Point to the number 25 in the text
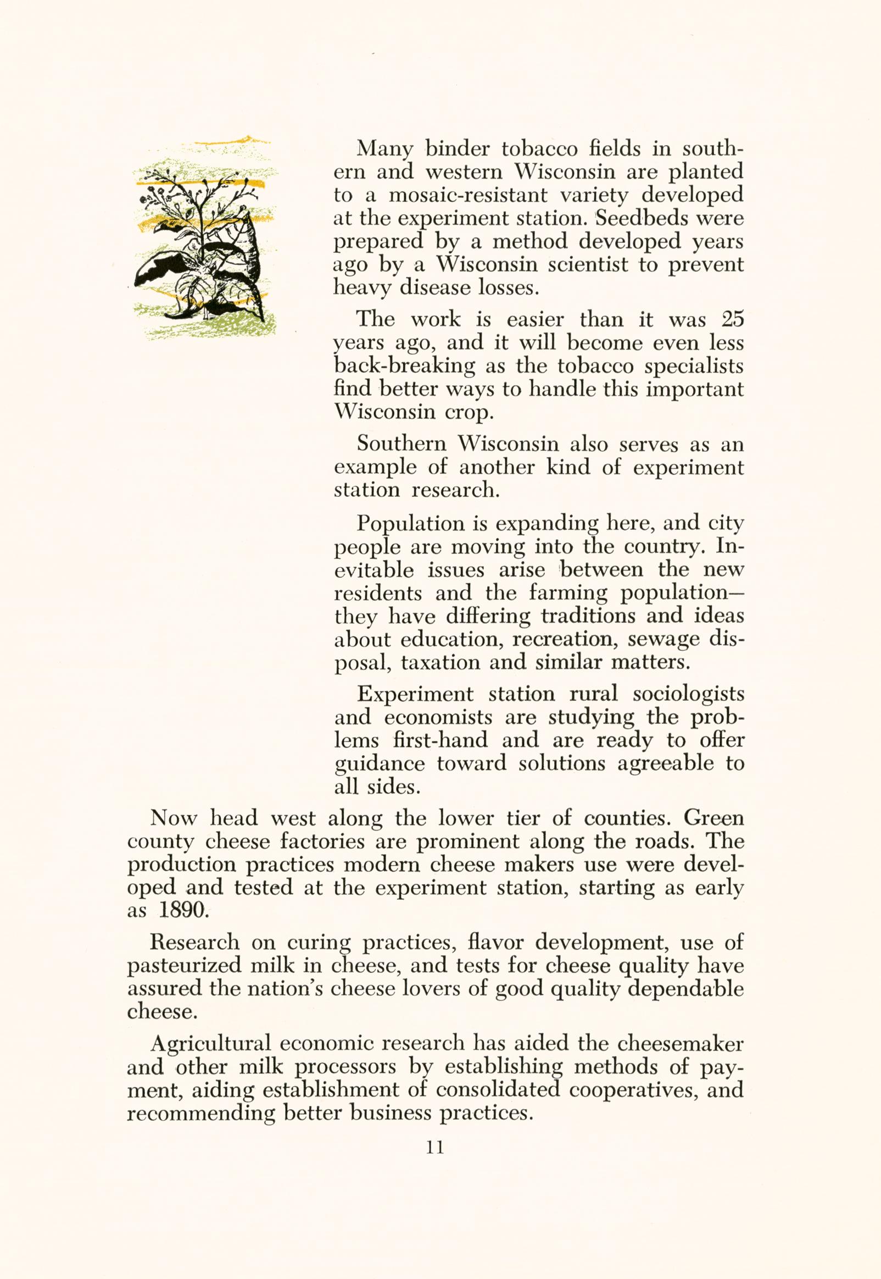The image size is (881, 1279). click(732, 319)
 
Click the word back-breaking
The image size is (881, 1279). click(405, 366)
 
